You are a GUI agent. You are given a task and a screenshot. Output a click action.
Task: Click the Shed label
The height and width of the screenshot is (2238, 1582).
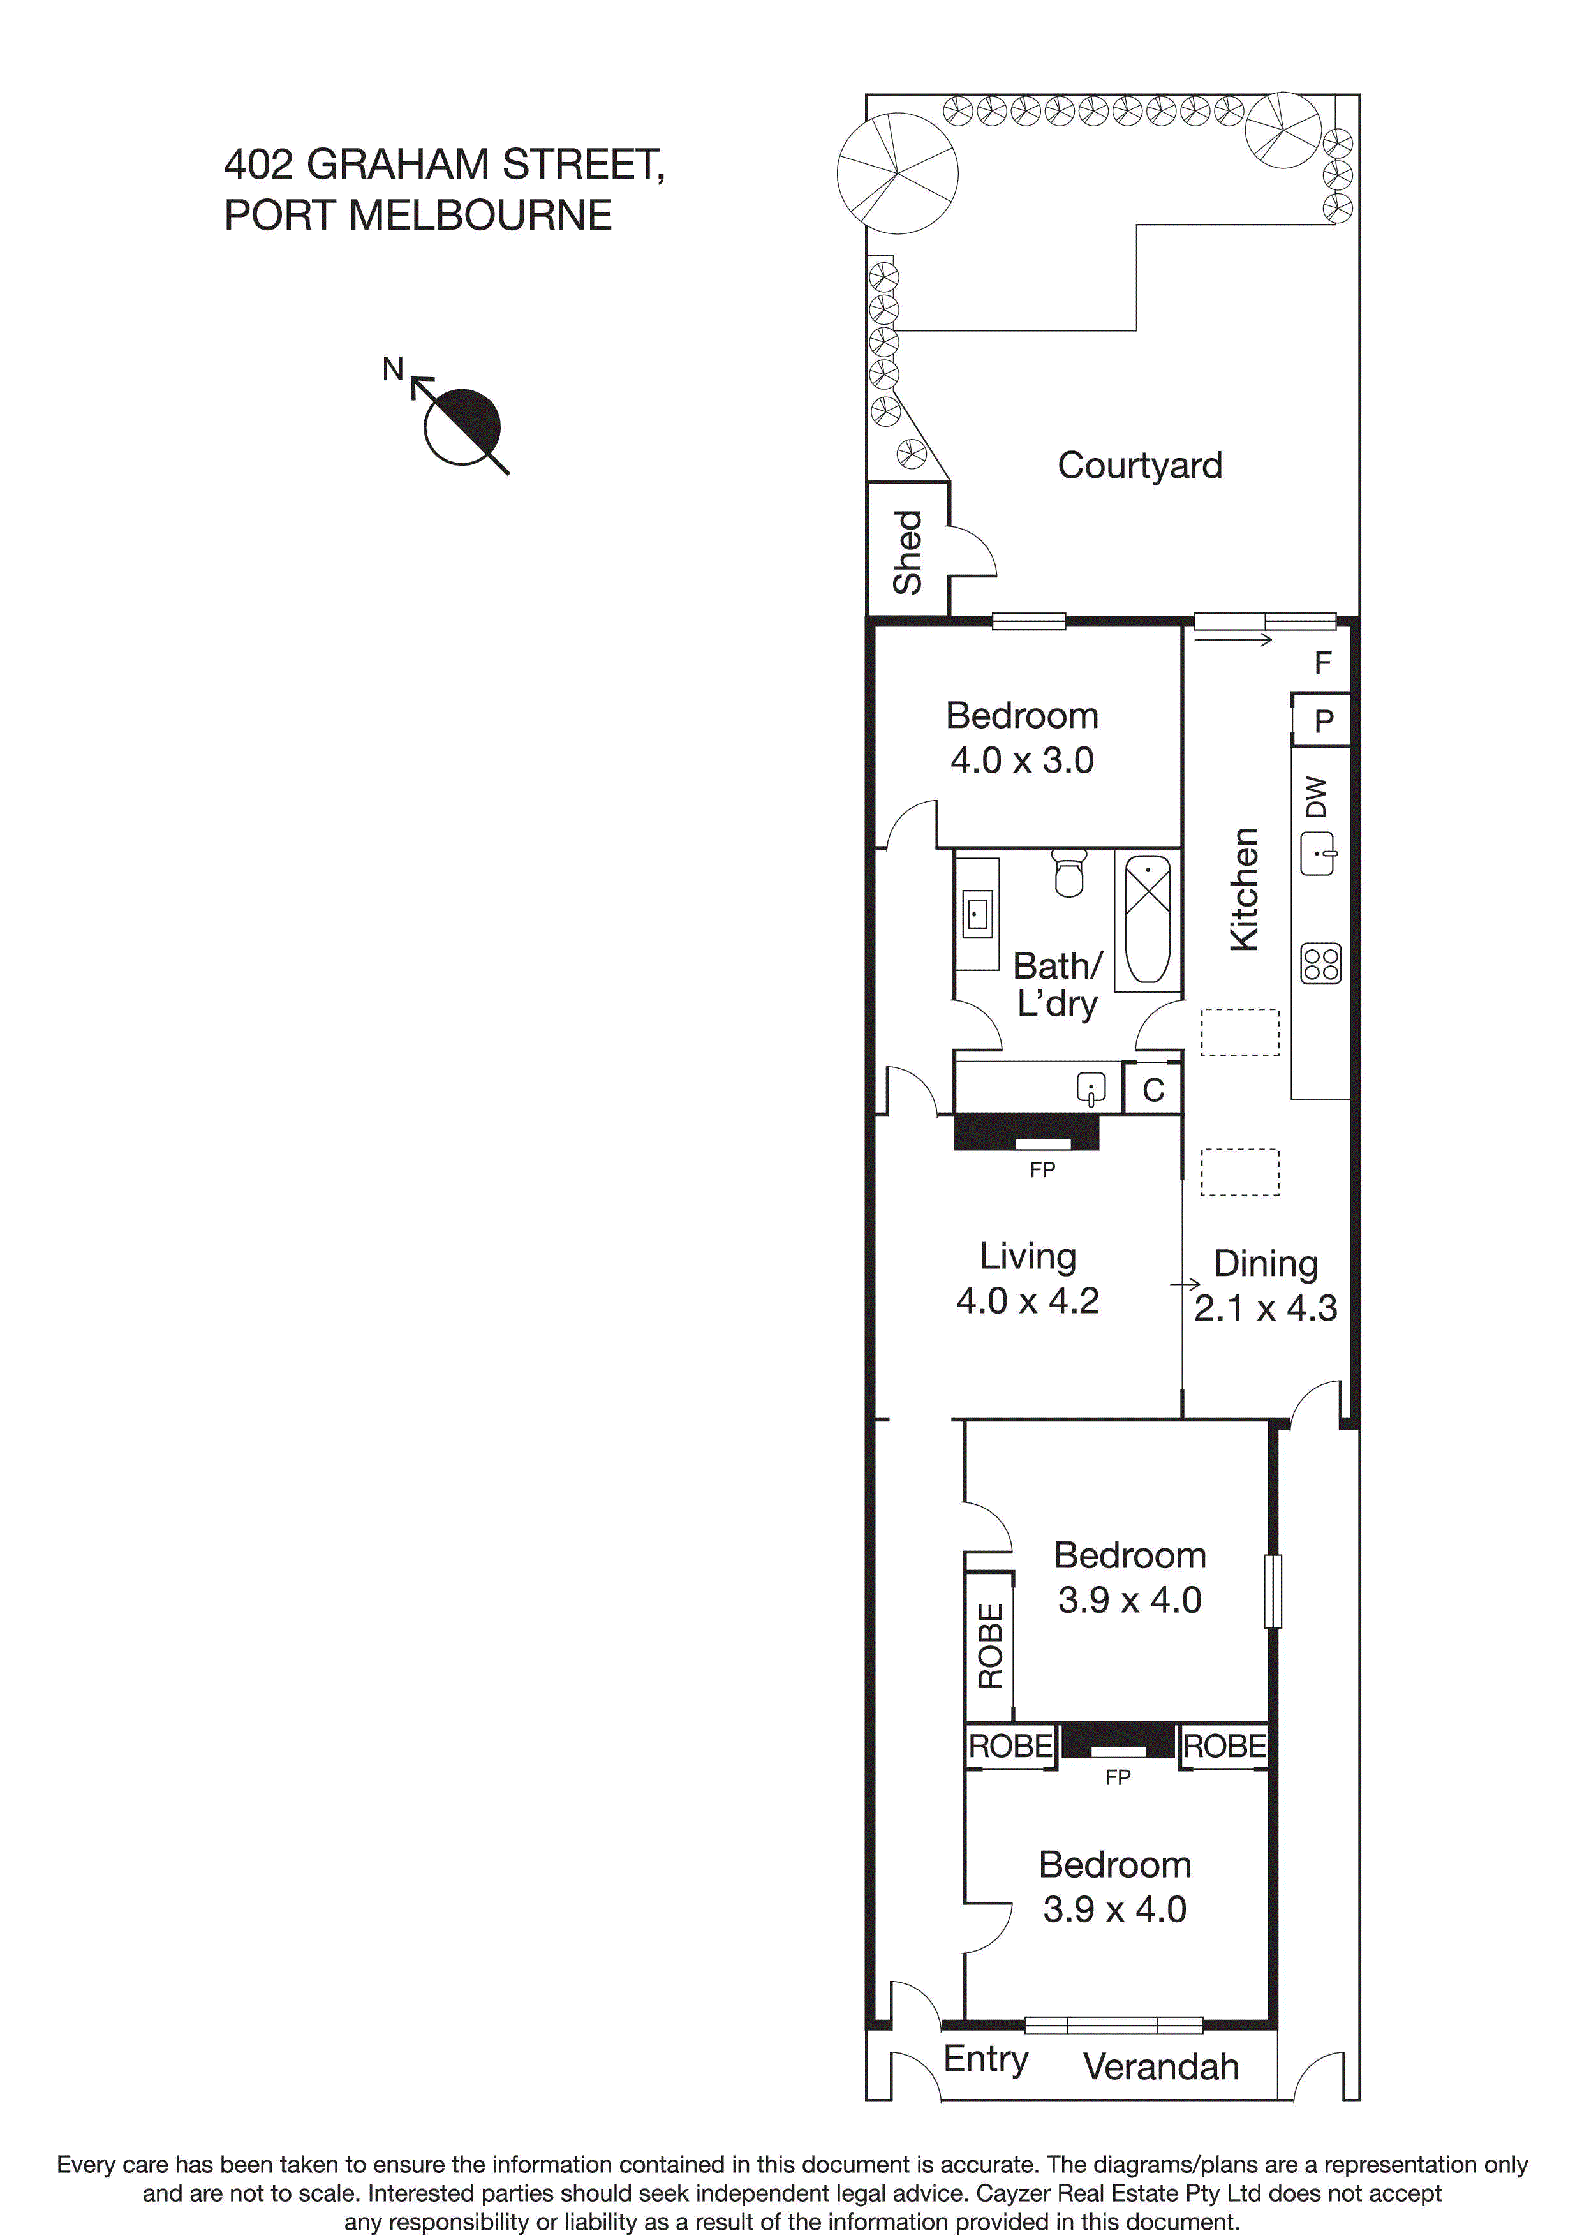pos(908,552)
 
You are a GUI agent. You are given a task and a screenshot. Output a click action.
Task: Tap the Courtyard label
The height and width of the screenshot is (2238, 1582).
pos(1139,466)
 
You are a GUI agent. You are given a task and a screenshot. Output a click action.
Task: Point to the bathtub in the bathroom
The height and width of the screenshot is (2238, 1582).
pos(1147,920)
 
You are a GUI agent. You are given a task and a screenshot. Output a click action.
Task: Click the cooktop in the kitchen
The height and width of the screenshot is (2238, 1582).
pos(1320,964)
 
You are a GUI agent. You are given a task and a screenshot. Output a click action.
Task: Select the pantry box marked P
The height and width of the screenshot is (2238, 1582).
pos(1323,722)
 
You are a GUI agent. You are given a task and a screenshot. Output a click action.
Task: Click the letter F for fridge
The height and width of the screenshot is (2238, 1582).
pos(1323,663)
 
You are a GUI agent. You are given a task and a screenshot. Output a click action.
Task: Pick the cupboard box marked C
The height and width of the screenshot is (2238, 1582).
pos(1153,1090)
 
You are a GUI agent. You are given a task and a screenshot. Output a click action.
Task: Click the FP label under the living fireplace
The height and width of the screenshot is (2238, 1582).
pos(1042,1169)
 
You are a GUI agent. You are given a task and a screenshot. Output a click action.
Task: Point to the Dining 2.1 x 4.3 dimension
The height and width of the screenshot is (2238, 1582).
pos(1265,1308)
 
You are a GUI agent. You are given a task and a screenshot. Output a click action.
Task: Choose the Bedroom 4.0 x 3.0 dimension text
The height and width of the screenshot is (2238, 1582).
pos(1021,760)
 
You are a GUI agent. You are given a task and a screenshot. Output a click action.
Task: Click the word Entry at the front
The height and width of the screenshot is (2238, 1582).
pos(986,2059)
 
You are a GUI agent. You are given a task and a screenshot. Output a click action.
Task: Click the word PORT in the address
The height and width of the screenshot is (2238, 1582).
pos(280,216)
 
